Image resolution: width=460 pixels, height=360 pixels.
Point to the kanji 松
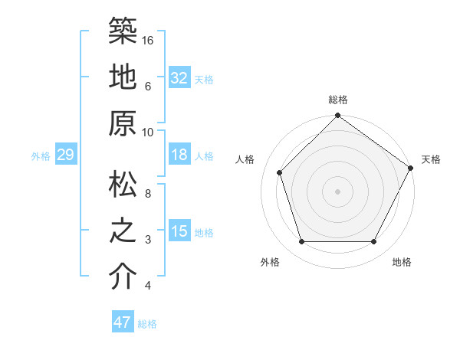[x=123, y=184]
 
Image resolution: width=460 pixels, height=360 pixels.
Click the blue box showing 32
[x=179, y=78]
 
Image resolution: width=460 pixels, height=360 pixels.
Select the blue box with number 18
[x=179, y=155]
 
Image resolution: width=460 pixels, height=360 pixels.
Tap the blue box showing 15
[x=179, y=231]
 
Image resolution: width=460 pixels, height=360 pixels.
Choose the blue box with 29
[x=65, y=155]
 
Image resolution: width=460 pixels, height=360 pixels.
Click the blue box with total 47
[x=122, y=322]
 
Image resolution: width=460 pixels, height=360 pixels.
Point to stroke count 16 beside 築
[x=149, y=39]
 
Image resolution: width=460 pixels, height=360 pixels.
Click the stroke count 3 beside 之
[x=148, y=240]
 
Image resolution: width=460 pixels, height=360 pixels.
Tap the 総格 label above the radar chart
[x=337, y=100]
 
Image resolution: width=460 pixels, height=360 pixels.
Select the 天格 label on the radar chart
[x=431, y=160]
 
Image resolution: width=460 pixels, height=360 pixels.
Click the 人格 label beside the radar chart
[x=246, y=160]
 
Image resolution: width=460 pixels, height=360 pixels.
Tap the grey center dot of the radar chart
[x=337, y=191]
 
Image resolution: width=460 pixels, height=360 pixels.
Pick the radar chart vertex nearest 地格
[x=373, y=242]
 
